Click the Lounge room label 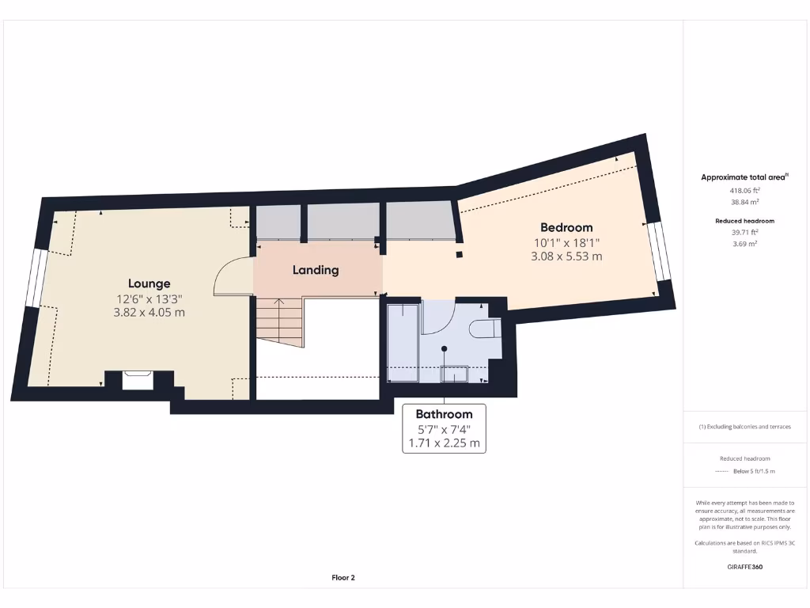[x=150, y=283]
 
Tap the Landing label [x=316, y=270]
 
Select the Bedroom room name [x=566, y=227]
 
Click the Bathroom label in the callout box [x=444, y=414]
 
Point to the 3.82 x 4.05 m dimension [x=150, y=313]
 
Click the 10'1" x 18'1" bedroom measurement [x=566, y=243]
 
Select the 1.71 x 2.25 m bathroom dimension [x=444, y=443]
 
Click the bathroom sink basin [x=454, y=373]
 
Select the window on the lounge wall [x=33, y=278]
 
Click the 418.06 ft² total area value [x=745, y=191]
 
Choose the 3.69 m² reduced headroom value [x=745, y=244]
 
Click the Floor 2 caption [x=343, y=578]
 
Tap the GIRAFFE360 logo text [x=745, y=567]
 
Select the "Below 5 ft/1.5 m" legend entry [x=753, y=471]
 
